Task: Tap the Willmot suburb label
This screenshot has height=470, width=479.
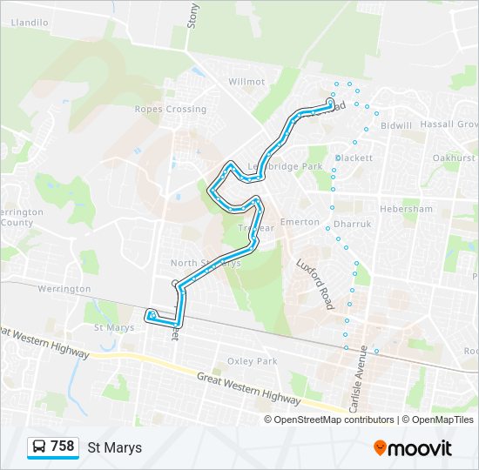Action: point(246,82)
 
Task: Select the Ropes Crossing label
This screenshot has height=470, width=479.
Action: point(171,110)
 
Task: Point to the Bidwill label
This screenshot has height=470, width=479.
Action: point(396,126)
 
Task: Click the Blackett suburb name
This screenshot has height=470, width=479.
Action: point(354,158)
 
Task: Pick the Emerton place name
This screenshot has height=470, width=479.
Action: point(300,222)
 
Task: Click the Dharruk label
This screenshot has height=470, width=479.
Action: point(352,224)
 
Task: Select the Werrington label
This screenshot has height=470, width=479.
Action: point(64,289)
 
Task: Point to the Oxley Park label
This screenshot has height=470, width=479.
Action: point(252,361)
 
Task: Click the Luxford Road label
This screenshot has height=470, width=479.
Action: point(314,284)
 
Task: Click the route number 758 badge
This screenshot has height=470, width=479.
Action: point(62,446)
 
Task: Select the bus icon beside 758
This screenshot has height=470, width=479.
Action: point(39,447)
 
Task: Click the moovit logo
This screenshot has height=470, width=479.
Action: point(413,448)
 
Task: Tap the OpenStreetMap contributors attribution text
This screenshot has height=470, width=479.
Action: point(334,420)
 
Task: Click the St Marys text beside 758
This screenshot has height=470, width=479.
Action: point(114,447)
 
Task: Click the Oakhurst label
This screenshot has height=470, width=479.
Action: point(454,158)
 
